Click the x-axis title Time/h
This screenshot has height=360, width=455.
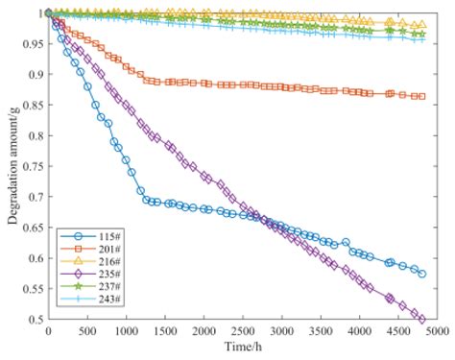pos(239,344)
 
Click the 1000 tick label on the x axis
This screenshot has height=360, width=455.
pos(126,331)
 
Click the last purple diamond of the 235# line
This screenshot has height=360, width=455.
pos(421,319)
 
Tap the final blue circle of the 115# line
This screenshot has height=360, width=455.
pos(421,274)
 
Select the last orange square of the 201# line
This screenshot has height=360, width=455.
pos(421,96)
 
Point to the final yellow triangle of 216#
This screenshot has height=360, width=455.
pos(421,24)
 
